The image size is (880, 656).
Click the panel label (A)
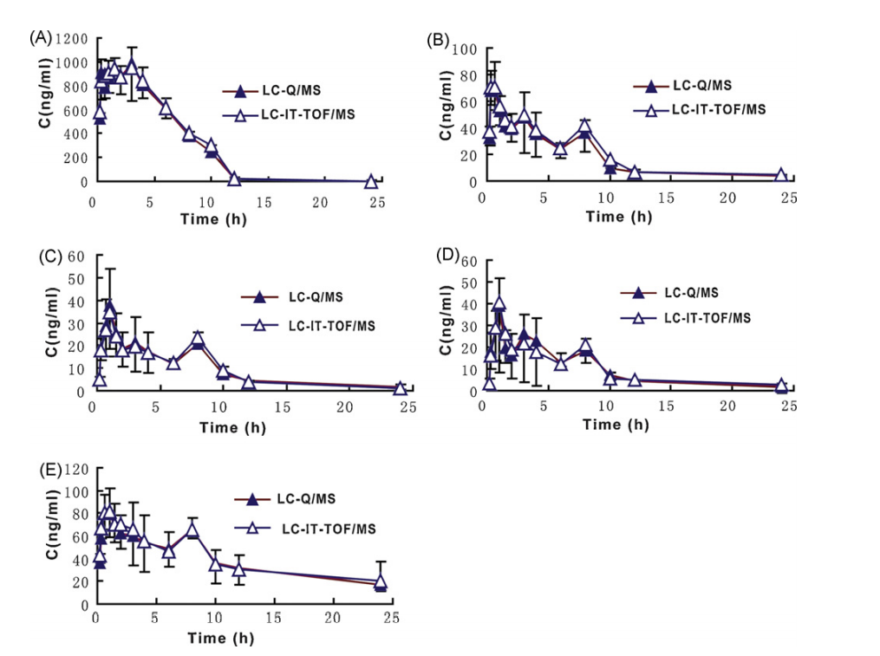point(41,37)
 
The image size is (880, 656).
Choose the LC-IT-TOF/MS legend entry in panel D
point(686,318)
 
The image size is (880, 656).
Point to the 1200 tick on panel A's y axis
point(71,38)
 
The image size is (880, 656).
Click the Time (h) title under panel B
point(618,217)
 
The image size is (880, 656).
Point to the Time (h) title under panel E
point(221,639)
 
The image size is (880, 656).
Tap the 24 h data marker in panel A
point(370,182)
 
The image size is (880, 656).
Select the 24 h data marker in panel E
point(380,582)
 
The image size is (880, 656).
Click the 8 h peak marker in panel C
point(198,338)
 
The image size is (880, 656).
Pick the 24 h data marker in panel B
point(780,176)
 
